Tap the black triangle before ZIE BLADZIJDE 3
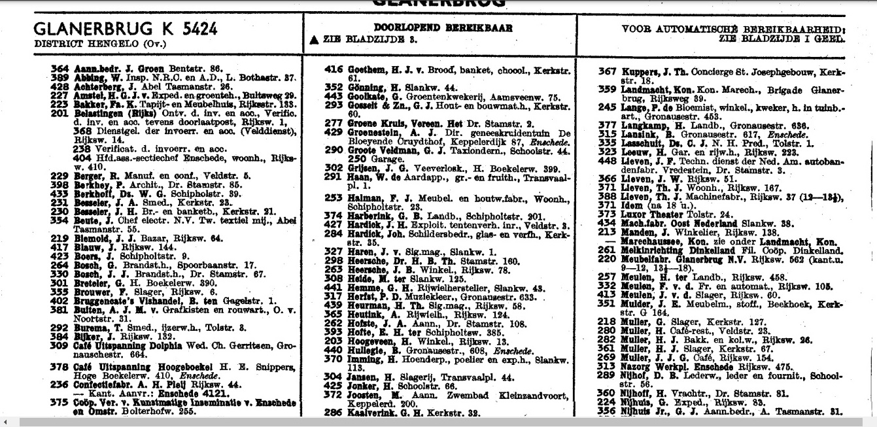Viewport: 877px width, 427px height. click(315, 40)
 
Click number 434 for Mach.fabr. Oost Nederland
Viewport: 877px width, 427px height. click(608, 222)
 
